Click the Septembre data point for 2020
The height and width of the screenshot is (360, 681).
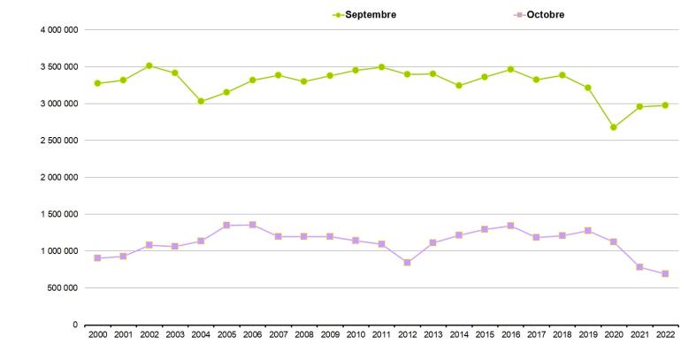[613, 127]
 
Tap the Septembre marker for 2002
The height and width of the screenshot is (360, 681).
[149, 65]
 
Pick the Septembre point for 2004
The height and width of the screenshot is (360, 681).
[201, 102]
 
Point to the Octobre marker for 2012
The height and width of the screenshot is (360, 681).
[407, 263]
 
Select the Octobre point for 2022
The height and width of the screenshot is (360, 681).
[664, 274]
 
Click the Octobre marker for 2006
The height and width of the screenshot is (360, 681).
[252, 225]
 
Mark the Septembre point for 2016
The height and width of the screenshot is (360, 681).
[510, 69]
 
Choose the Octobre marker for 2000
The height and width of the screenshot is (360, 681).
[97, 258]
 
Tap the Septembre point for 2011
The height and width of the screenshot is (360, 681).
[381, 67]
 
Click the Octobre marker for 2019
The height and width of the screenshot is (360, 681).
[587, 231]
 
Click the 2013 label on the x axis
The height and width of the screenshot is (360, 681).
[432, 335]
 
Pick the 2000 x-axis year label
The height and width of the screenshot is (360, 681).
[97, 335]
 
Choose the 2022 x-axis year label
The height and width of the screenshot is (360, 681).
[664, 335]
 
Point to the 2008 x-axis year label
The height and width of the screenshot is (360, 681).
[303, 335]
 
